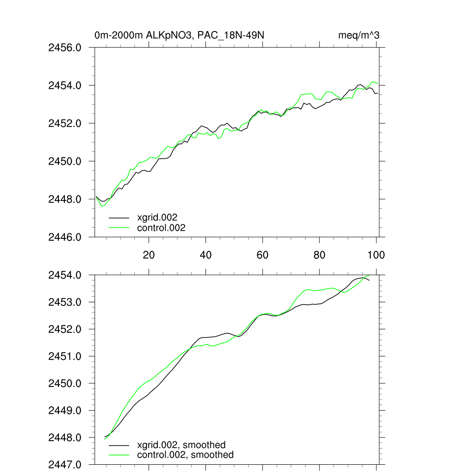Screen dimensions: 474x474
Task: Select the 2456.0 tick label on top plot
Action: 65,48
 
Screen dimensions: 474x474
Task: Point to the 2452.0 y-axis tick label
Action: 65,124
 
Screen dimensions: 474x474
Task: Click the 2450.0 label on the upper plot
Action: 65,162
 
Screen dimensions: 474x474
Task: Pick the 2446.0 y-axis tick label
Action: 65,237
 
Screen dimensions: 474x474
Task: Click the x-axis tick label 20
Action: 149,255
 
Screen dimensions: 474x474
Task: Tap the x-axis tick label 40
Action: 206,255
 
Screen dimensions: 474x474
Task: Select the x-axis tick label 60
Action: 262,255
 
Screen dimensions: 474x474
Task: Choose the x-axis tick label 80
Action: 319,255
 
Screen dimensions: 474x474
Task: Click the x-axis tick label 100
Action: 375,255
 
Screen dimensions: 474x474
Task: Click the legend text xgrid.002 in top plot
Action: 157,217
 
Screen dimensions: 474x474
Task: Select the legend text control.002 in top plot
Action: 161,228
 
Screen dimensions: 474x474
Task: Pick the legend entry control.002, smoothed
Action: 185,455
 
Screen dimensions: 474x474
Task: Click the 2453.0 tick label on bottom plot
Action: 65,302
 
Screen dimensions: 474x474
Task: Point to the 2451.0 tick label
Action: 65,356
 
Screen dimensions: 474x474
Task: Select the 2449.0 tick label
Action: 65,411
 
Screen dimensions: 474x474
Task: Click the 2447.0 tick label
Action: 65,464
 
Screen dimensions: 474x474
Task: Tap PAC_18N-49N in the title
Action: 236,35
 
